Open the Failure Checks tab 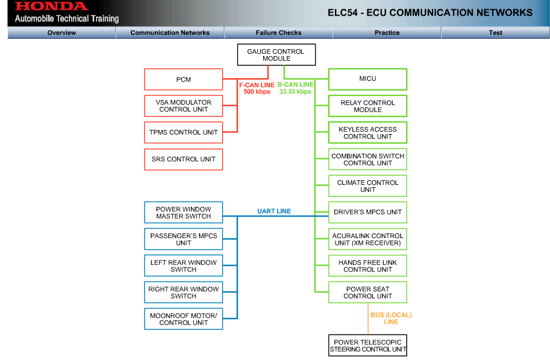tap(278, 33)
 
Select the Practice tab tap(387, 33)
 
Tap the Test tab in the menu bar tap(495, 33)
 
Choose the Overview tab tap(61, 33)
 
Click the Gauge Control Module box tap(276, 55)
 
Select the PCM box tap(183, 80)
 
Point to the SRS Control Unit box tap(183, 159)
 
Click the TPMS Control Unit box tap(183, 132)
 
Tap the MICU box tap(367, 79)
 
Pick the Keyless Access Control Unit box tap(367, 133)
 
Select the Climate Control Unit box tap(367, 186)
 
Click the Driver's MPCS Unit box tap(367, 212)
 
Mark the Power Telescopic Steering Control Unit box tap(368, 346)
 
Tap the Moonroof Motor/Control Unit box tap(183, 319)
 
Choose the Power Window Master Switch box tap(183, 213)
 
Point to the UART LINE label tap(274, 211)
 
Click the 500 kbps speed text tap(257, 92)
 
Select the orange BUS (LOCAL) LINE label tap(391, 318)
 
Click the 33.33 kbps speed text tap(295, 92)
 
